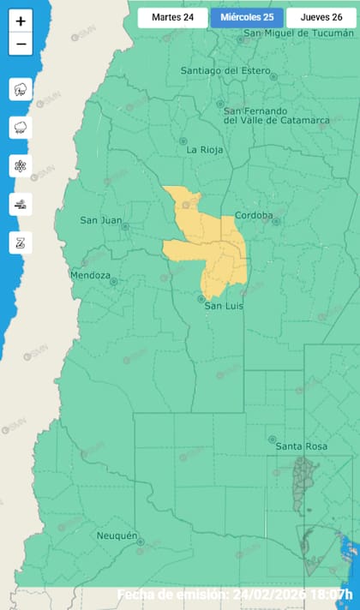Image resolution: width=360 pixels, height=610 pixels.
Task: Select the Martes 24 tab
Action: (172, 16)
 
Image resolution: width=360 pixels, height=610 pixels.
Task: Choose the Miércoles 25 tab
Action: (246, 16)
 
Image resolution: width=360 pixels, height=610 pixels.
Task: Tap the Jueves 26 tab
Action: (321, 16)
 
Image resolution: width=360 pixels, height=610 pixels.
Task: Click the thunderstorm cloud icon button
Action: (21, 89)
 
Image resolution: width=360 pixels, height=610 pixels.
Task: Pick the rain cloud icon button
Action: (21, 128)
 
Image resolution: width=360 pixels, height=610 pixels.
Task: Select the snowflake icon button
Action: (21, 166)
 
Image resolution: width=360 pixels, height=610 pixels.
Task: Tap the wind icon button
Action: (21, 204)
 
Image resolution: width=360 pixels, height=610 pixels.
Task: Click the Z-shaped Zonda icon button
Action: (21, 242)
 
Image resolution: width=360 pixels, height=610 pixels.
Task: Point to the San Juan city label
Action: (101, 220)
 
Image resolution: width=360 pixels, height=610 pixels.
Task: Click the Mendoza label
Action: (90, 276)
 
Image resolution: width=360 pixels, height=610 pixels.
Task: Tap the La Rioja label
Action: (205, 150)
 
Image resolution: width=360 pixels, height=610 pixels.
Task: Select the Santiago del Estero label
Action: (226, 70)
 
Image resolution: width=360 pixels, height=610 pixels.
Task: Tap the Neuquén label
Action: (117, 535)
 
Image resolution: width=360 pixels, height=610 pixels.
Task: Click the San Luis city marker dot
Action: (201, 298)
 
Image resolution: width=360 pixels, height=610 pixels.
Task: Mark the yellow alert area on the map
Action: (214, 244)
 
